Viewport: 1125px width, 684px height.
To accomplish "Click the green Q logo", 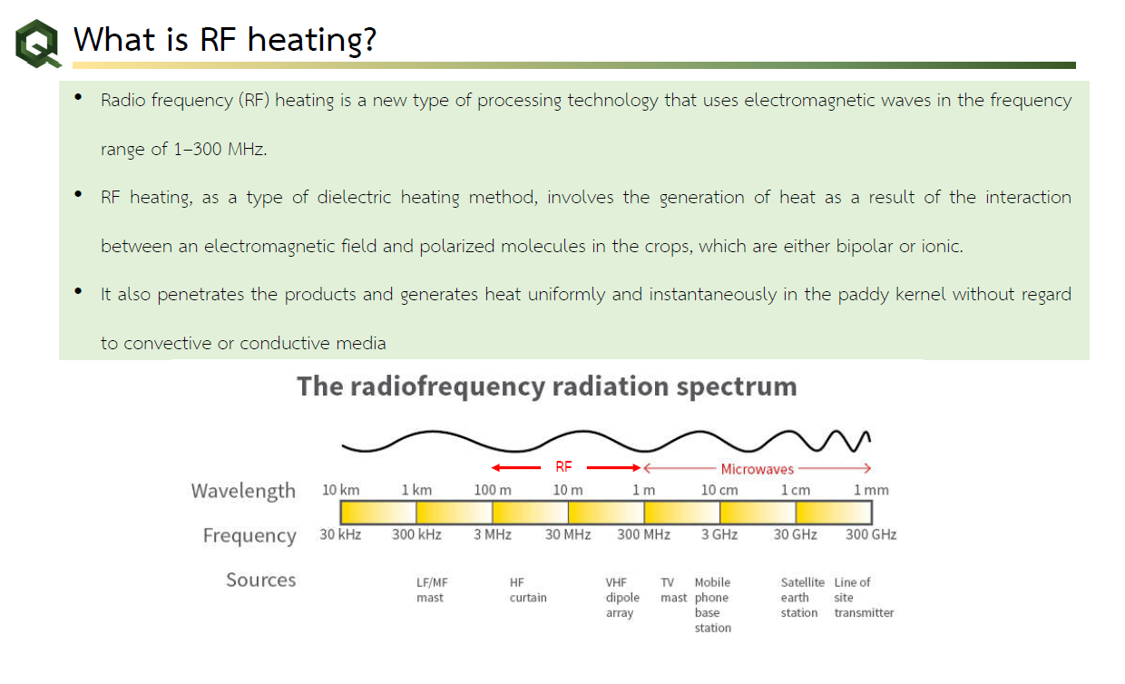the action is click(38, 44).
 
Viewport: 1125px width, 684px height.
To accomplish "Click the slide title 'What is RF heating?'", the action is click(224, 39).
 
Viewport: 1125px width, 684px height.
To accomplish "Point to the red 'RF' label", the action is click(563, 467).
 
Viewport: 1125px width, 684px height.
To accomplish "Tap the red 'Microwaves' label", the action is click(757, 469).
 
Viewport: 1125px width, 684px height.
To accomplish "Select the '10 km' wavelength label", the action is click(340, 490).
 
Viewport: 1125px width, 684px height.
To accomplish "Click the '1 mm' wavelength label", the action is click(871, 490).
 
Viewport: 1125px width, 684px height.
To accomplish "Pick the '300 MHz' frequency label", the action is click(643, 534).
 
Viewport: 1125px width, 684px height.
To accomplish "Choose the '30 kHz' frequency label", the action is click(340, 534).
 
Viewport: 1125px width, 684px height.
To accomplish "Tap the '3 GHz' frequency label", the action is click(719, 534).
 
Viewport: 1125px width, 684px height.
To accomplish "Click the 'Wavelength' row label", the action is click(243, 491).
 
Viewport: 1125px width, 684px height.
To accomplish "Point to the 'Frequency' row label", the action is click(249, 535).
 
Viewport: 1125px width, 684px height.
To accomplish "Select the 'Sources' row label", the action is click(260, 580).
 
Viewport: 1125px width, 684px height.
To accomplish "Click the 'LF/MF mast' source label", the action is click(432, 590).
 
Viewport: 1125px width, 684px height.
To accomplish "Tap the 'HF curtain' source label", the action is click(528, 590).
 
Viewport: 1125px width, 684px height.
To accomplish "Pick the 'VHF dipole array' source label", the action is click(622, 598).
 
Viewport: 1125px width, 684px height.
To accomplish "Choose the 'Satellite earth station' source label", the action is click(803, 598).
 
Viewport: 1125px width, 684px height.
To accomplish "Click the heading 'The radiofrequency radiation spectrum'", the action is click(547, 386).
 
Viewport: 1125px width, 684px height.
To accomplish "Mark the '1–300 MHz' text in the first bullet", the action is click(219, 149).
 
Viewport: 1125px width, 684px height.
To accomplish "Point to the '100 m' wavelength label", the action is click(493, 490).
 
